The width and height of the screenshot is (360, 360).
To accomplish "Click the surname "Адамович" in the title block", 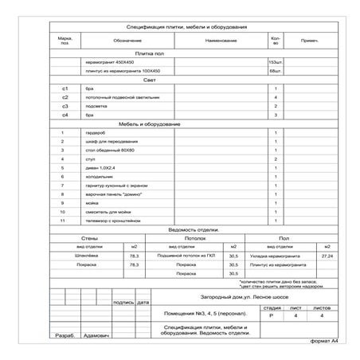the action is pos(98,335).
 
